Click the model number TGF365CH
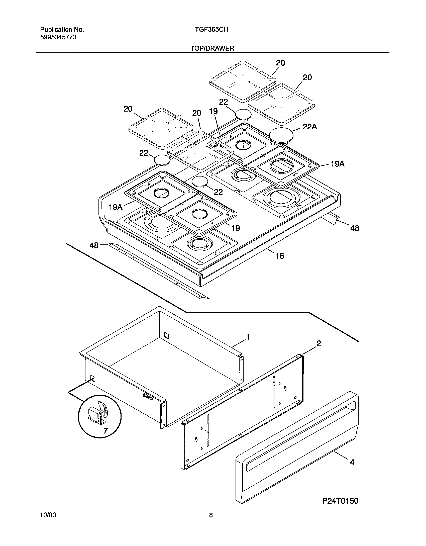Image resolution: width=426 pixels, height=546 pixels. (211, 30)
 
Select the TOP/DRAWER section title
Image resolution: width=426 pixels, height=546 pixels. (212, 48)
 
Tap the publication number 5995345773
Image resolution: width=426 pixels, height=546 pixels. (58, 37)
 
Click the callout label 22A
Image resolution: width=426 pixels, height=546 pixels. (310, 127)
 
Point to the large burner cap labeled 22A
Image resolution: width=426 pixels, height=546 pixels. (281, 135)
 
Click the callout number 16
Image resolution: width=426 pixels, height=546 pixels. (280, 256)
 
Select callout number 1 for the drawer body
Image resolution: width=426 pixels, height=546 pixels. (248, 337)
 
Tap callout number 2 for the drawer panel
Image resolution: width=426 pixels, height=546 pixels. (318, 343)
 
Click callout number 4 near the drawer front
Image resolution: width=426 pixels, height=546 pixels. (352, 462)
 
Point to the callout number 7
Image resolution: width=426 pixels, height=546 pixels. (105, 431)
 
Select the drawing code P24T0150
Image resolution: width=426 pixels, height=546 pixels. (340, 501)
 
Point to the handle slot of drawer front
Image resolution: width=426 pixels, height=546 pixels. (301, 435)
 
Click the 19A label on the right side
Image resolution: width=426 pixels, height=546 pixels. (337, 164)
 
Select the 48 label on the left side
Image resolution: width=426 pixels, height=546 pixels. (94, 245)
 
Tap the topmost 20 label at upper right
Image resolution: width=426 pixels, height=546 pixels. (280, 63)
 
